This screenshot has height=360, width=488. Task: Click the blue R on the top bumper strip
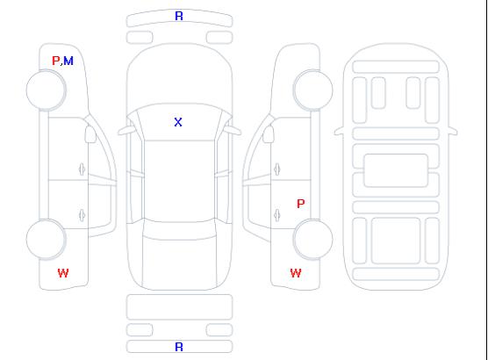[x=179, y=16]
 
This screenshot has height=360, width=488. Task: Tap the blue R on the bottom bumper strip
[x=179, y=347]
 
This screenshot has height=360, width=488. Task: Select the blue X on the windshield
[x=178, y=122]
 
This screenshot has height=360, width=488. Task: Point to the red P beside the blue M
[x=55, y=61]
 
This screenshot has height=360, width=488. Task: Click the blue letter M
[x=68, y=61]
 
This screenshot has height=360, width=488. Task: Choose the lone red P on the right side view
[x=301, y=204]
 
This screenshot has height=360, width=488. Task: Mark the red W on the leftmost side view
[x=63, y=273]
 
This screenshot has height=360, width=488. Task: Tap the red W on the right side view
[x=296, y=273]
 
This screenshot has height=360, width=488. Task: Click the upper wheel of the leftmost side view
[x=46, y=90]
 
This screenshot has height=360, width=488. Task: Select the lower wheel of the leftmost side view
[x=46, y=240]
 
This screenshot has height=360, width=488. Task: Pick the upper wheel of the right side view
[x=312, y=90]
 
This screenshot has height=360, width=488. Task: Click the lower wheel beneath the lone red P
[x=312, y=240]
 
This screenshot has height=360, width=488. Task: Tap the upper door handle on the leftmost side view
[x=83, y=169]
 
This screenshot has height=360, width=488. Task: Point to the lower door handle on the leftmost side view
[x=83, y=215]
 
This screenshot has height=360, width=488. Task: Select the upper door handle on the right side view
[x=277, y=169]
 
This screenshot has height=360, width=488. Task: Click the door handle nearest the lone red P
[x=277, y=215]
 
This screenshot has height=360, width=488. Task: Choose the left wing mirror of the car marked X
[x=126, y=131]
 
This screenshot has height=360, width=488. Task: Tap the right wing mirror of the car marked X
[x=233, y=131]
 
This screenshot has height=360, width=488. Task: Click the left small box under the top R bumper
[x=140, y=38]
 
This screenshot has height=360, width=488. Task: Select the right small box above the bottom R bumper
[x=219, y=330]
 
